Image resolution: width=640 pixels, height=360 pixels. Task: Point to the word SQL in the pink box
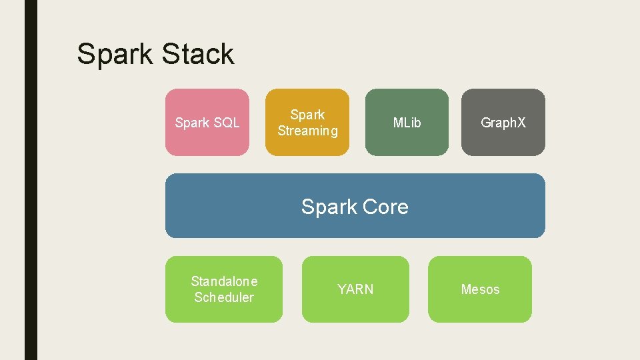point(225,123)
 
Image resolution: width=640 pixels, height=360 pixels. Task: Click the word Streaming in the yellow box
point(307,131)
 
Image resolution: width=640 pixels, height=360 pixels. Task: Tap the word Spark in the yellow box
point(307,115)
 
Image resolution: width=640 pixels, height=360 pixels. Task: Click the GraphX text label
point(503,123)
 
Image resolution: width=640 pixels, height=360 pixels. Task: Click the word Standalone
point(224,281)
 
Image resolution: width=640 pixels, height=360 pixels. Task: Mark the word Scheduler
point(224,297)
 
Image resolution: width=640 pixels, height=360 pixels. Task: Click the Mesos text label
point(480,289)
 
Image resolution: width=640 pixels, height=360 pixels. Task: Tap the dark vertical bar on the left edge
point(31,180)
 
